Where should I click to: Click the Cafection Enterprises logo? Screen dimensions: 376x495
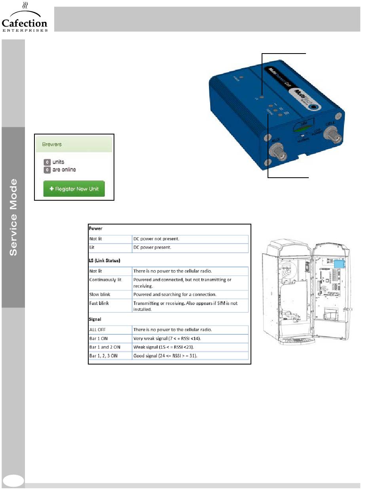coord(25,20)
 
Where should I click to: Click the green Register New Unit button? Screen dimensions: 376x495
coord(74,189)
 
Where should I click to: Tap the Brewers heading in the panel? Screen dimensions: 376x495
coord(53,144)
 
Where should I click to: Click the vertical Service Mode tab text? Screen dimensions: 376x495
coord(13,217)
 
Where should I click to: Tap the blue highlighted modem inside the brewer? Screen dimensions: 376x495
coord(339,264)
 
